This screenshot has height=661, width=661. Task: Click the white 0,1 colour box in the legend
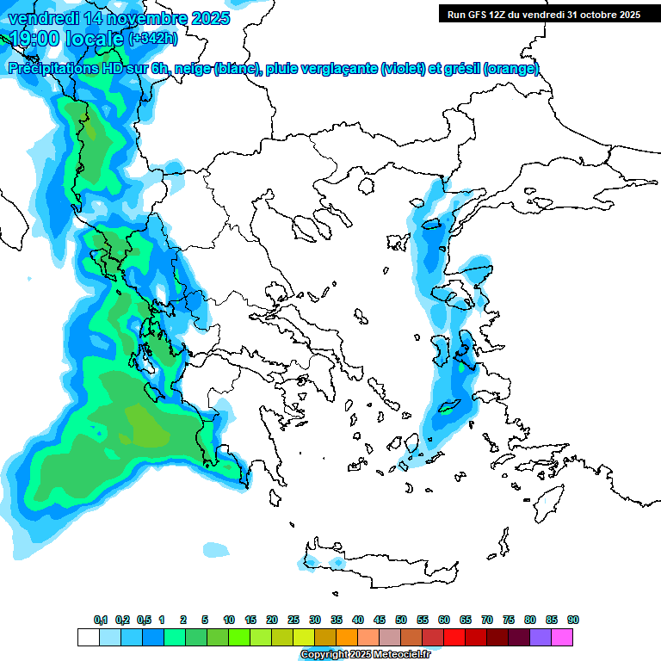click(88, 638)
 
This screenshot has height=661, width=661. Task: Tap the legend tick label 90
click(573, 620)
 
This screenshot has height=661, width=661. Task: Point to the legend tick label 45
click(380, 620)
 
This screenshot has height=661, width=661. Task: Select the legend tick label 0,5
click(144, 620)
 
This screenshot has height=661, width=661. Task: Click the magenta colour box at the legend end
click(562, 638)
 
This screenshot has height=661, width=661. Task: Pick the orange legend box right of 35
click(347, 638)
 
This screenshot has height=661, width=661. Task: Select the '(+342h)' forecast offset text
click(153, 39)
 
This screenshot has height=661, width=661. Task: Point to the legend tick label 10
click(229, 620)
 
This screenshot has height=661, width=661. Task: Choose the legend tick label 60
click(444, 620)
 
